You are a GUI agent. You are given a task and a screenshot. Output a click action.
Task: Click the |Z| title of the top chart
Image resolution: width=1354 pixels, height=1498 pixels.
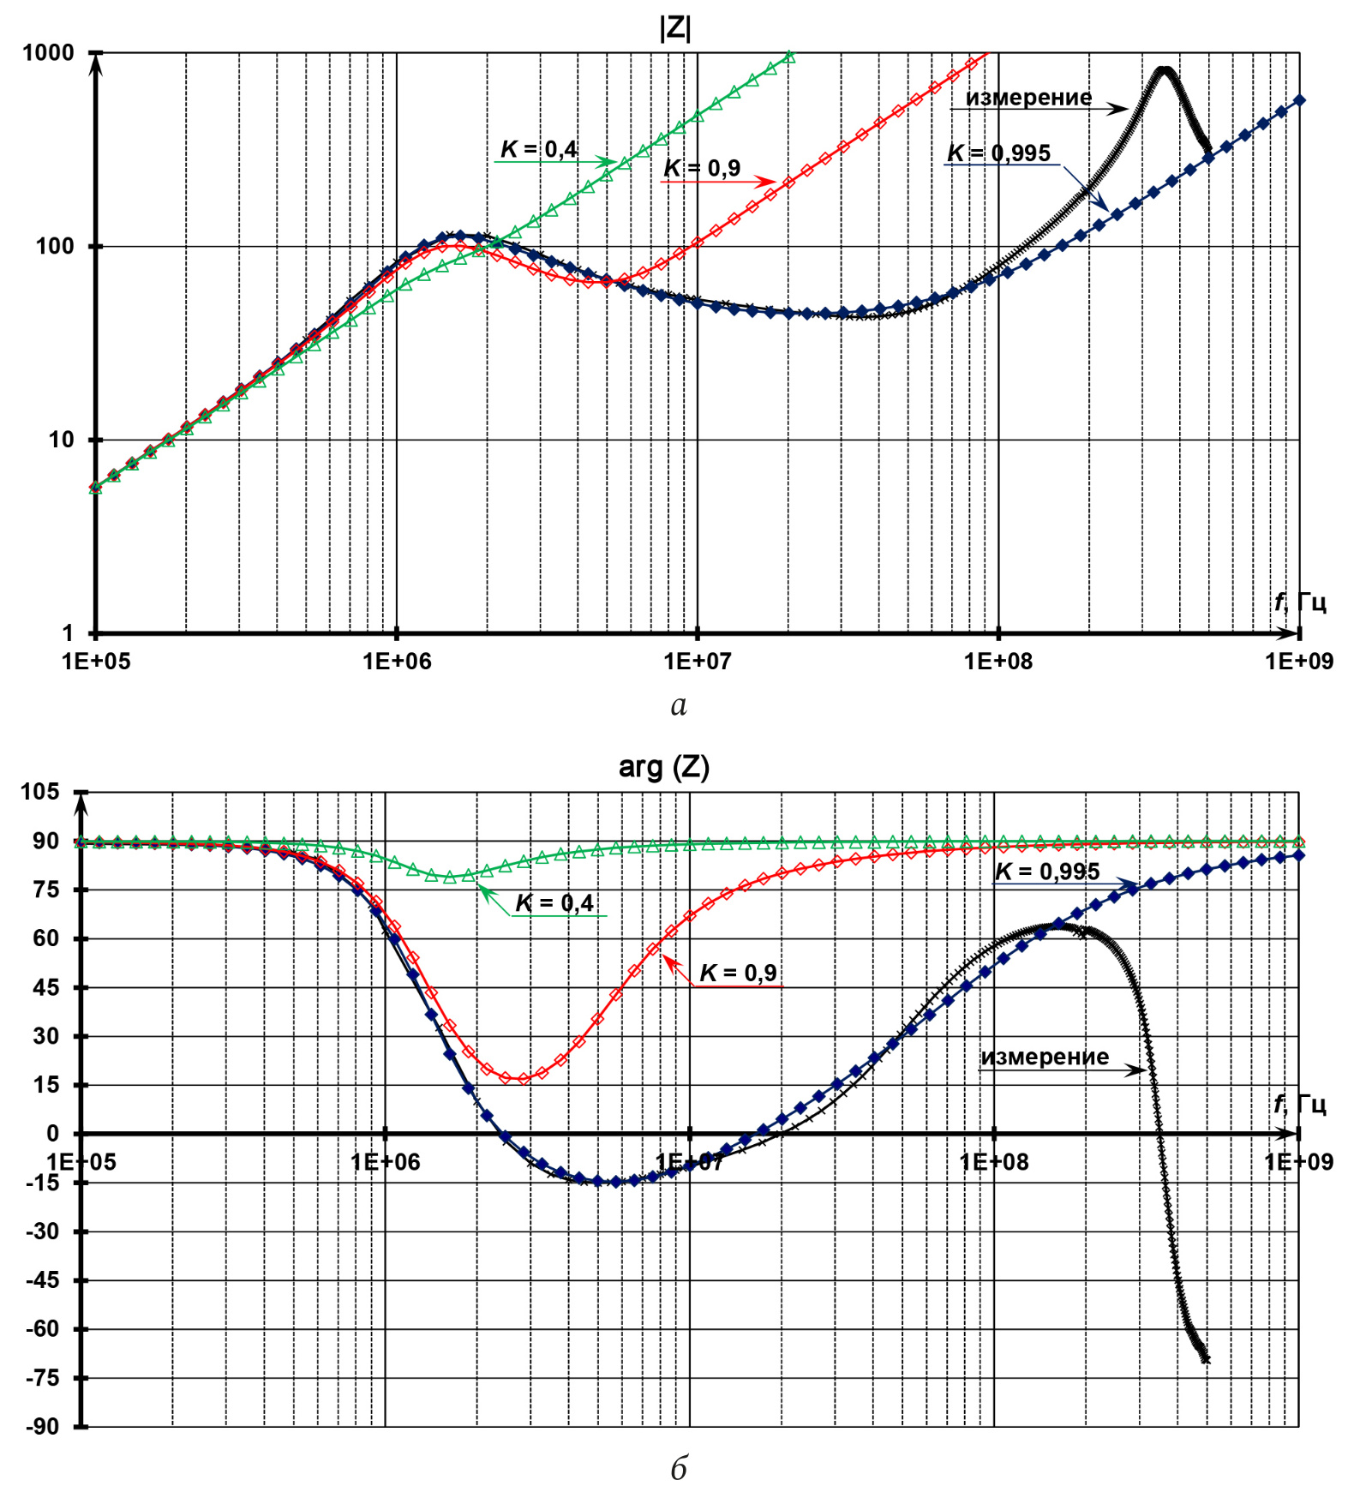click(675, 28)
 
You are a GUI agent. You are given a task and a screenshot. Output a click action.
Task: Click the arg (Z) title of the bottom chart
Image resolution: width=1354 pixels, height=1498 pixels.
click(664, 766)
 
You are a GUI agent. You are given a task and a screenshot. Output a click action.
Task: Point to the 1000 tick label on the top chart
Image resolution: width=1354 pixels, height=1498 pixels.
click(48, 53)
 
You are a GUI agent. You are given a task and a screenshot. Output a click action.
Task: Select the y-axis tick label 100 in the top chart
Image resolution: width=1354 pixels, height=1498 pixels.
click(55, 247)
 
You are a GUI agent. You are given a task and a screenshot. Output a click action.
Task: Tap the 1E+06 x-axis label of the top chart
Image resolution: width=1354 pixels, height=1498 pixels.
click(397, 661)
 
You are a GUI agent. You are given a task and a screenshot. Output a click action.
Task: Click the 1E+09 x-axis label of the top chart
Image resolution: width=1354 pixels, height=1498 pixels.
click(1299, 661)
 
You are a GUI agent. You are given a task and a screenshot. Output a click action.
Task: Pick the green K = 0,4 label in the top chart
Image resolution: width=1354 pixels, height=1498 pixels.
click(539, 149)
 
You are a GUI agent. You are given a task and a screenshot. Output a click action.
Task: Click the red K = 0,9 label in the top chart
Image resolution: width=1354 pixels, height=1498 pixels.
click(702, 168)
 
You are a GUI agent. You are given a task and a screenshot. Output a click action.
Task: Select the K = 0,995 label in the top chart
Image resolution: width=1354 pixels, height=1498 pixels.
click(998, 153)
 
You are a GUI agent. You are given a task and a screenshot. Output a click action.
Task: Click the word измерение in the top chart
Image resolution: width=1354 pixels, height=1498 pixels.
click(1028, 98)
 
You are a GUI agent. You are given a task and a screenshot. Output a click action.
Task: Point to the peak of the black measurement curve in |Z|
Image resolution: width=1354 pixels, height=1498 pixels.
click(1164, 70)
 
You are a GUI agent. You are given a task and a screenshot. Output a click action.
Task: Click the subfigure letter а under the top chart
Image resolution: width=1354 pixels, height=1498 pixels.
click(679, 705)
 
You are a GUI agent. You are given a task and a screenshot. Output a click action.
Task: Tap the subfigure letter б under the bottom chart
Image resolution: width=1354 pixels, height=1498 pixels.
click(679, 1469)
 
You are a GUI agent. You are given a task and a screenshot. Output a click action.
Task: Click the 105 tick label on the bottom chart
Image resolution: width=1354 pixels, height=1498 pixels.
click(40, 792)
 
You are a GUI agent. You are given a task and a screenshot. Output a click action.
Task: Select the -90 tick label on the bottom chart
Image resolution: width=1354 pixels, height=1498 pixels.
click(41, 1427)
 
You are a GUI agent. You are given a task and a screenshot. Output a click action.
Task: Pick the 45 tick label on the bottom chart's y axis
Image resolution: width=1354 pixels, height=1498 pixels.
click(46, 987)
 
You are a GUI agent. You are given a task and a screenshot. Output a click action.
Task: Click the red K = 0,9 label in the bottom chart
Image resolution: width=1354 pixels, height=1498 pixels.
click(738, 973)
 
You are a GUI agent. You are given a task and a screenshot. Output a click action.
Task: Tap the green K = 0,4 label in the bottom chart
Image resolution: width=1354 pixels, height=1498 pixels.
click(554, 902)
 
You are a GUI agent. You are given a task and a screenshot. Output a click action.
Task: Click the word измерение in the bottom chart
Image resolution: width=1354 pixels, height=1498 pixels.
click(1045, 1057)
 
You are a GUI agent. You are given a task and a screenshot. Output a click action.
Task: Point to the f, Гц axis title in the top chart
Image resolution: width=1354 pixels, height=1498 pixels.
click(1299, 602)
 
